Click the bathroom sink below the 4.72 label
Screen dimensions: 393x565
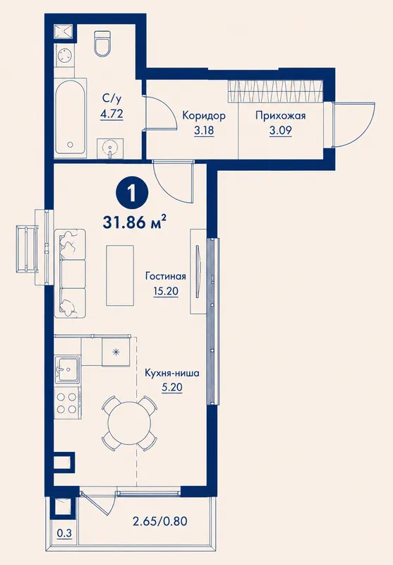tap(110, 148)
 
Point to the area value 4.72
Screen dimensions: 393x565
tap(111, 114)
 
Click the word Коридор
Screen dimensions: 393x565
tap(204, 116)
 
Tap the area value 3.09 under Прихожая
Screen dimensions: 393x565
tap(281, 130)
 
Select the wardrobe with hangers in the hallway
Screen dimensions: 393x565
tap(276, 92)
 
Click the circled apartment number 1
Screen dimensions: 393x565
tap(132, 195)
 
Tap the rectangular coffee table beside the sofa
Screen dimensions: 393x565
tap(120, 275)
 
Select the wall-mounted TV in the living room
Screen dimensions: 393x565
tap(198, 271)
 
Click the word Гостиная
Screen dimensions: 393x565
tap(166, 276)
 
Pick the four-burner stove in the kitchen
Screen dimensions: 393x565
tap(67, 403)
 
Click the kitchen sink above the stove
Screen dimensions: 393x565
tap(67, 369)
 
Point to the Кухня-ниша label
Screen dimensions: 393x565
tap(172, 373)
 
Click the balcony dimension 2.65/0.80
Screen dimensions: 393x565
tap(160, 521)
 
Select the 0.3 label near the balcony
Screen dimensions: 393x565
tap(64, 533)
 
